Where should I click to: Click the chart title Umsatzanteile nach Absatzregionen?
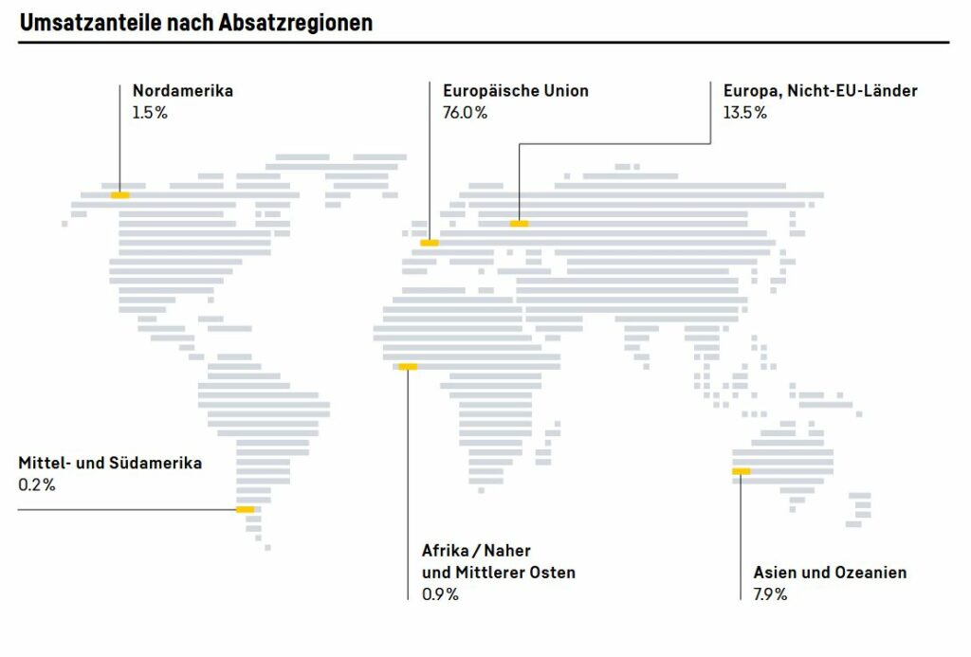(x=196, y=22)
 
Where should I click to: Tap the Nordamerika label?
(x=182, y=91)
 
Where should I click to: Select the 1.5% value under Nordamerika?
(x=151, y=113)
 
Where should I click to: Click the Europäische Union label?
(x=515, y=91)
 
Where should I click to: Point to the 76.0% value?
(x=465, y=113)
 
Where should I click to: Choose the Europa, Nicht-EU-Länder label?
(x=819, y=91)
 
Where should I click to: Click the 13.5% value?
(x=744, y=113)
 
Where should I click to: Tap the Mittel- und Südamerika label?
(x=110, y=464)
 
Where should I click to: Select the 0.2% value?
(x=37, y=485)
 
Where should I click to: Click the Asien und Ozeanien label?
(x=830, y=573)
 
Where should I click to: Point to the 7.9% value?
(x=770, y=594)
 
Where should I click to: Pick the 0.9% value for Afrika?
(x=440, y=594)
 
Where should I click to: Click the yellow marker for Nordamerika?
(x=119, y=194)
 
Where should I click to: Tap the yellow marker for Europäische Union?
(x=430, y=244)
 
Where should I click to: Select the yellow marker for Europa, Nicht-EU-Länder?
(x=519, y=224)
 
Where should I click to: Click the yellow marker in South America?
(x=246, y=510)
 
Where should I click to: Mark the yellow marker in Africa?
(x=408, y=367)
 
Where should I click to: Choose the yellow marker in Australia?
(x=741, y=471)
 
